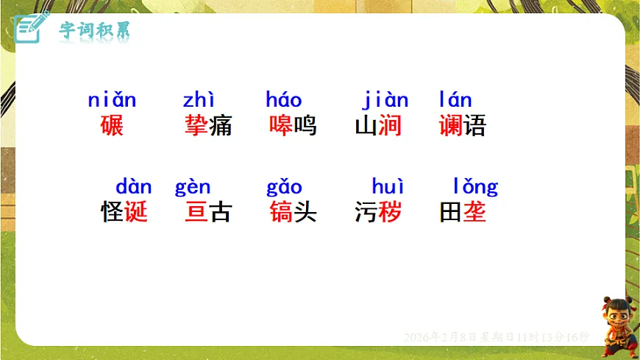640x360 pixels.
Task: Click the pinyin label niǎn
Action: [112, 100]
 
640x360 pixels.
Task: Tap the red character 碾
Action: [112, 125]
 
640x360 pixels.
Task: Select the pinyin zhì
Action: [199, 100]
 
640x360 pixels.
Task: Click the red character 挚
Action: [196, 125]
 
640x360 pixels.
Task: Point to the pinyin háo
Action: [284, 100]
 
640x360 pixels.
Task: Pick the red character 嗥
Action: [281, 125]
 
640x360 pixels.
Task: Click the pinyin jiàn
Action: [385, 100]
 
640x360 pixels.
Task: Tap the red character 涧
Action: [390, 125]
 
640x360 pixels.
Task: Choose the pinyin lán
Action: [455, 100]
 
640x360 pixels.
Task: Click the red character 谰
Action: [451, 125]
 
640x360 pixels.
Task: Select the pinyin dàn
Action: [134, 187]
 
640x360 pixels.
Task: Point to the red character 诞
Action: [136, 212]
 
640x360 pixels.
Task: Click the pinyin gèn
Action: [193, 187]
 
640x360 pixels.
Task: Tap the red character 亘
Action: [196, 212]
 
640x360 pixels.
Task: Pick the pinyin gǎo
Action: [284, 187]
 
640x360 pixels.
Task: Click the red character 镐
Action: [281, 212]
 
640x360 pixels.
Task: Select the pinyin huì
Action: [388, 187]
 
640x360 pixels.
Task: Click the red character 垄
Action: [474, 212]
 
